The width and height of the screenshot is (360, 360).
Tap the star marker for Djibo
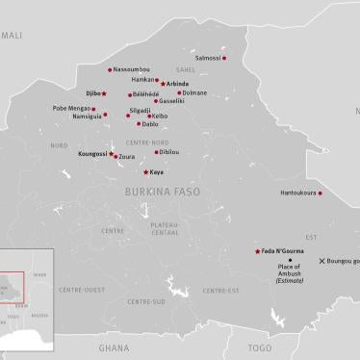coord(104,94)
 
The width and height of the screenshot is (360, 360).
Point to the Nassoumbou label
coord(131,69)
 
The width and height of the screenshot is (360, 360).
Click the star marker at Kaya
coord(145,172)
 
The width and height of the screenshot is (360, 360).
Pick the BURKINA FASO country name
coord(163,193)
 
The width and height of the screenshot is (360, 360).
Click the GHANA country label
coord(113,347)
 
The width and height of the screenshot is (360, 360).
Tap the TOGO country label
coord(259,347)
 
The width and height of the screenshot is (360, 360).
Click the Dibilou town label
coord(169,152)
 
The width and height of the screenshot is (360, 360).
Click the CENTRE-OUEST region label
coord(81,290)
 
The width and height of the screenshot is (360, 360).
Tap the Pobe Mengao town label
coord(72,109)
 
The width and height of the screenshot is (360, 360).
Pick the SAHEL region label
coord(185,70)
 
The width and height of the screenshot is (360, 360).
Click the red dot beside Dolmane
coord(177,93)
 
